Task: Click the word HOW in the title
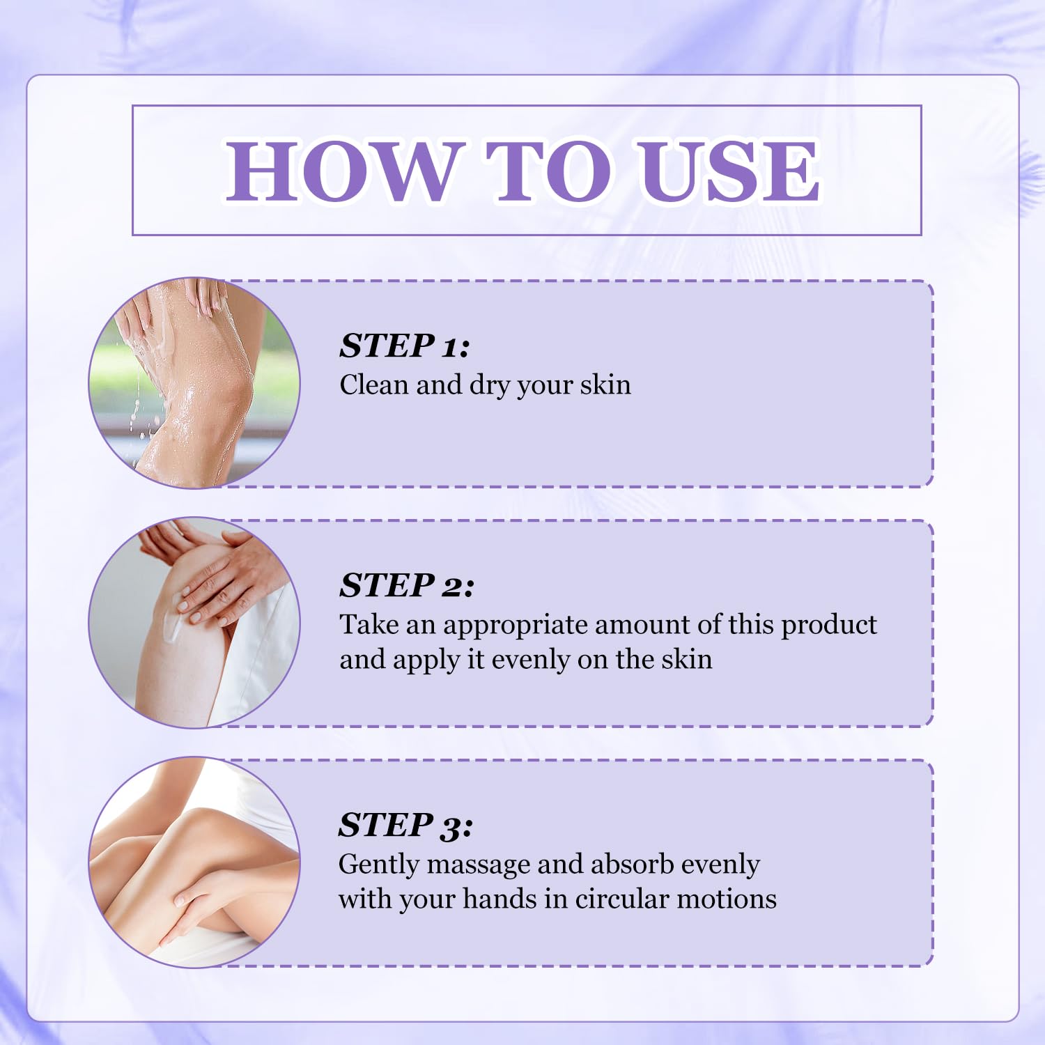(341, 171)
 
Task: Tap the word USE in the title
(729, 171)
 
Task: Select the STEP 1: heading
(405, 346)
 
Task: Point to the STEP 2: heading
(407, 585)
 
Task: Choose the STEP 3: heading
(405, 825)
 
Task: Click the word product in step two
(829, 626)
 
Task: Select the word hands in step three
(500, 899)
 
